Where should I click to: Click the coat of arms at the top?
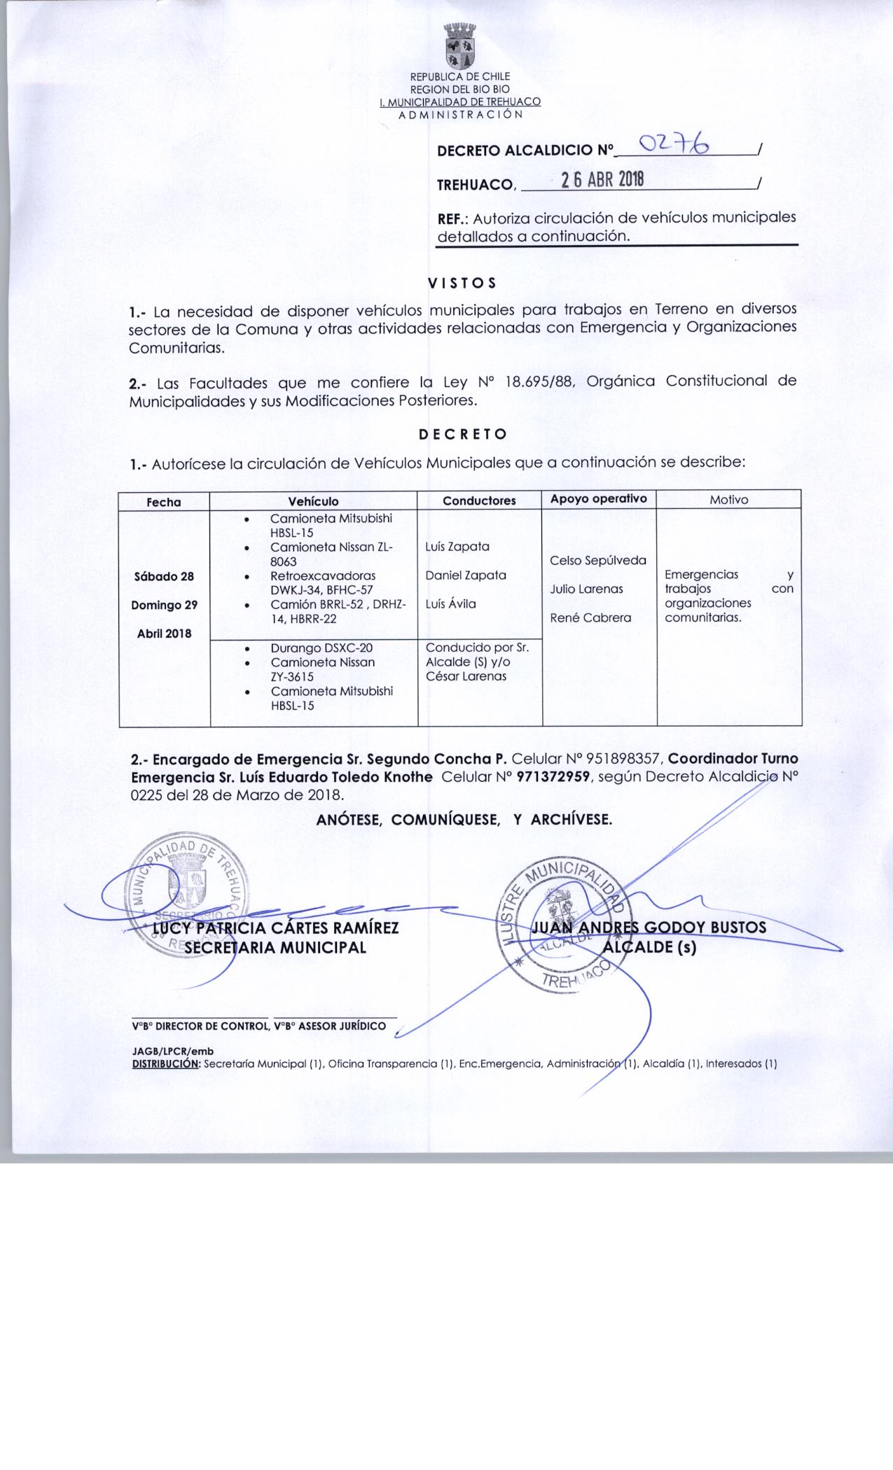(x=460, y=47)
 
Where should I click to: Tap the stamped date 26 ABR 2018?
(x=603, y=181)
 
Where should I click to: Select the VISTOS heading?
(x=462, y=283)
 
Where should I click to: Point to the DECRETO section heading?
(x=462, y=434)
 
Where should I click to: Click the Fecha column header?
(x=164, y=502)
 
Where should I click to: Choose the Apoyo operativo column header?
(x=598, y=498)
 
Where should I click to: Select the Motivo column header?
(x=728, y=500)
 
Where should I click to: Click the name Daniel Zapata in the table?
(x=466, y=575)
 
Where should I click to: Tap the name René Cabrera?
(x=590, y=618)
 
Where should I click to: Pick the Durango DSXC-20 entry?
(x=321, y=648)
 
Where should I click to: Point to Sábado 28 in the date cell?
(x=164, y=577)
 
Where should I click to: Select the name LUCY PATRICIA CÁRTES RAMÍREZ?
(x=276, y=928)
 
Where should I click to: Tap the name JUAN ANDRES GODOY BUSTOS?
(x=649, y=927)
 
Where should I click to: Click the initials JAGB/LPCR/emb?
(x=173, y=1051)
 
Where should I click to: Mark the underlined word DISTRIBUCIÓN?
(x=166, y=1064)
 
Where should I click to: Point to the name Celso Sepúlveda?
(x=598, y=561)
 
